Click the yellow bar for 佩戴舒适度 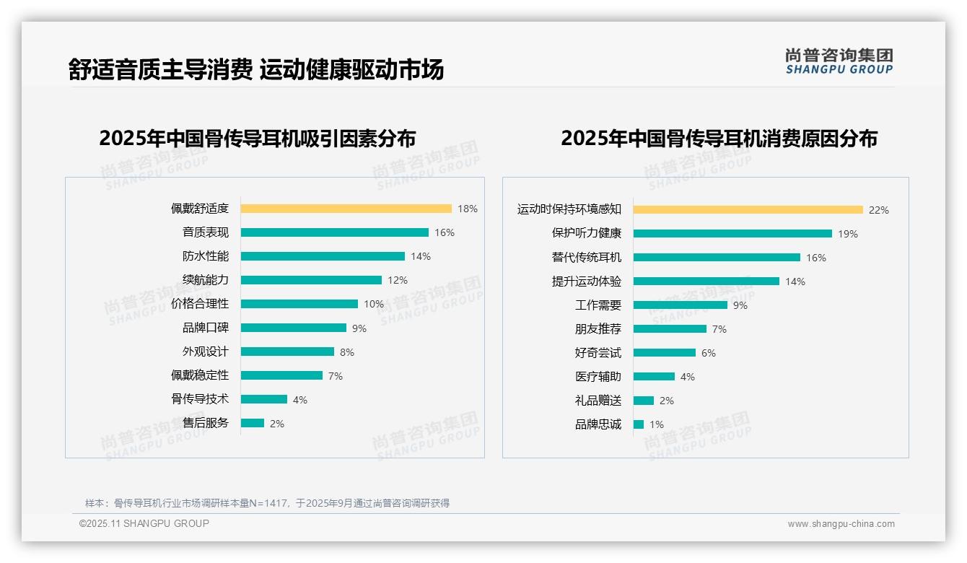click(x=346, y=209)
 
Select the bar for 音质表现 click(x=334, y=232)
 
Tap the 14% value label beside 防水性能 click(x=421, y=256)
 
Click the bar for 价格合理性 click(x=299, y=304)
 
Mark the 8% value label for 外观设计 click(x=347, y=352)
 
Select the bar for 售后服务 click(x=253, y=423)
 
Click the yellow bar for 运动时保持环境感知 click(x=748, y=210)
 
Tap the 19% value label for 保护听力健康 click(x=848, y=234)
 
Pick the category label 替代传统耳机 click(x=586, y=258)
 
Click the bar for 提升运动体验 click(x=706, y=281)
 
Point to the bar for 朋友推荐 click(x=670, y=329)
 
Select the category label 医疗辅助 click(x=598, y=377)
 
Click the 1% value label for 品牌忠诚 click(x=657, y=424)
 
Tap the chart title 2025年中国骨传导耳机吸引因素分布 click(x=257, y=138)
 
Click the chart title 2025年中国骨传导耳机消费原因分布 click(x=719, y=138)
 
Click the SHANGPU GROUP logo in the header click(x=839, y=61)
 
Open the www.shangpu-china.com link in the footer click(x=841, y=524)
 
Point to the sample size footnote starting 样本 click(x=267, y=503)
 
